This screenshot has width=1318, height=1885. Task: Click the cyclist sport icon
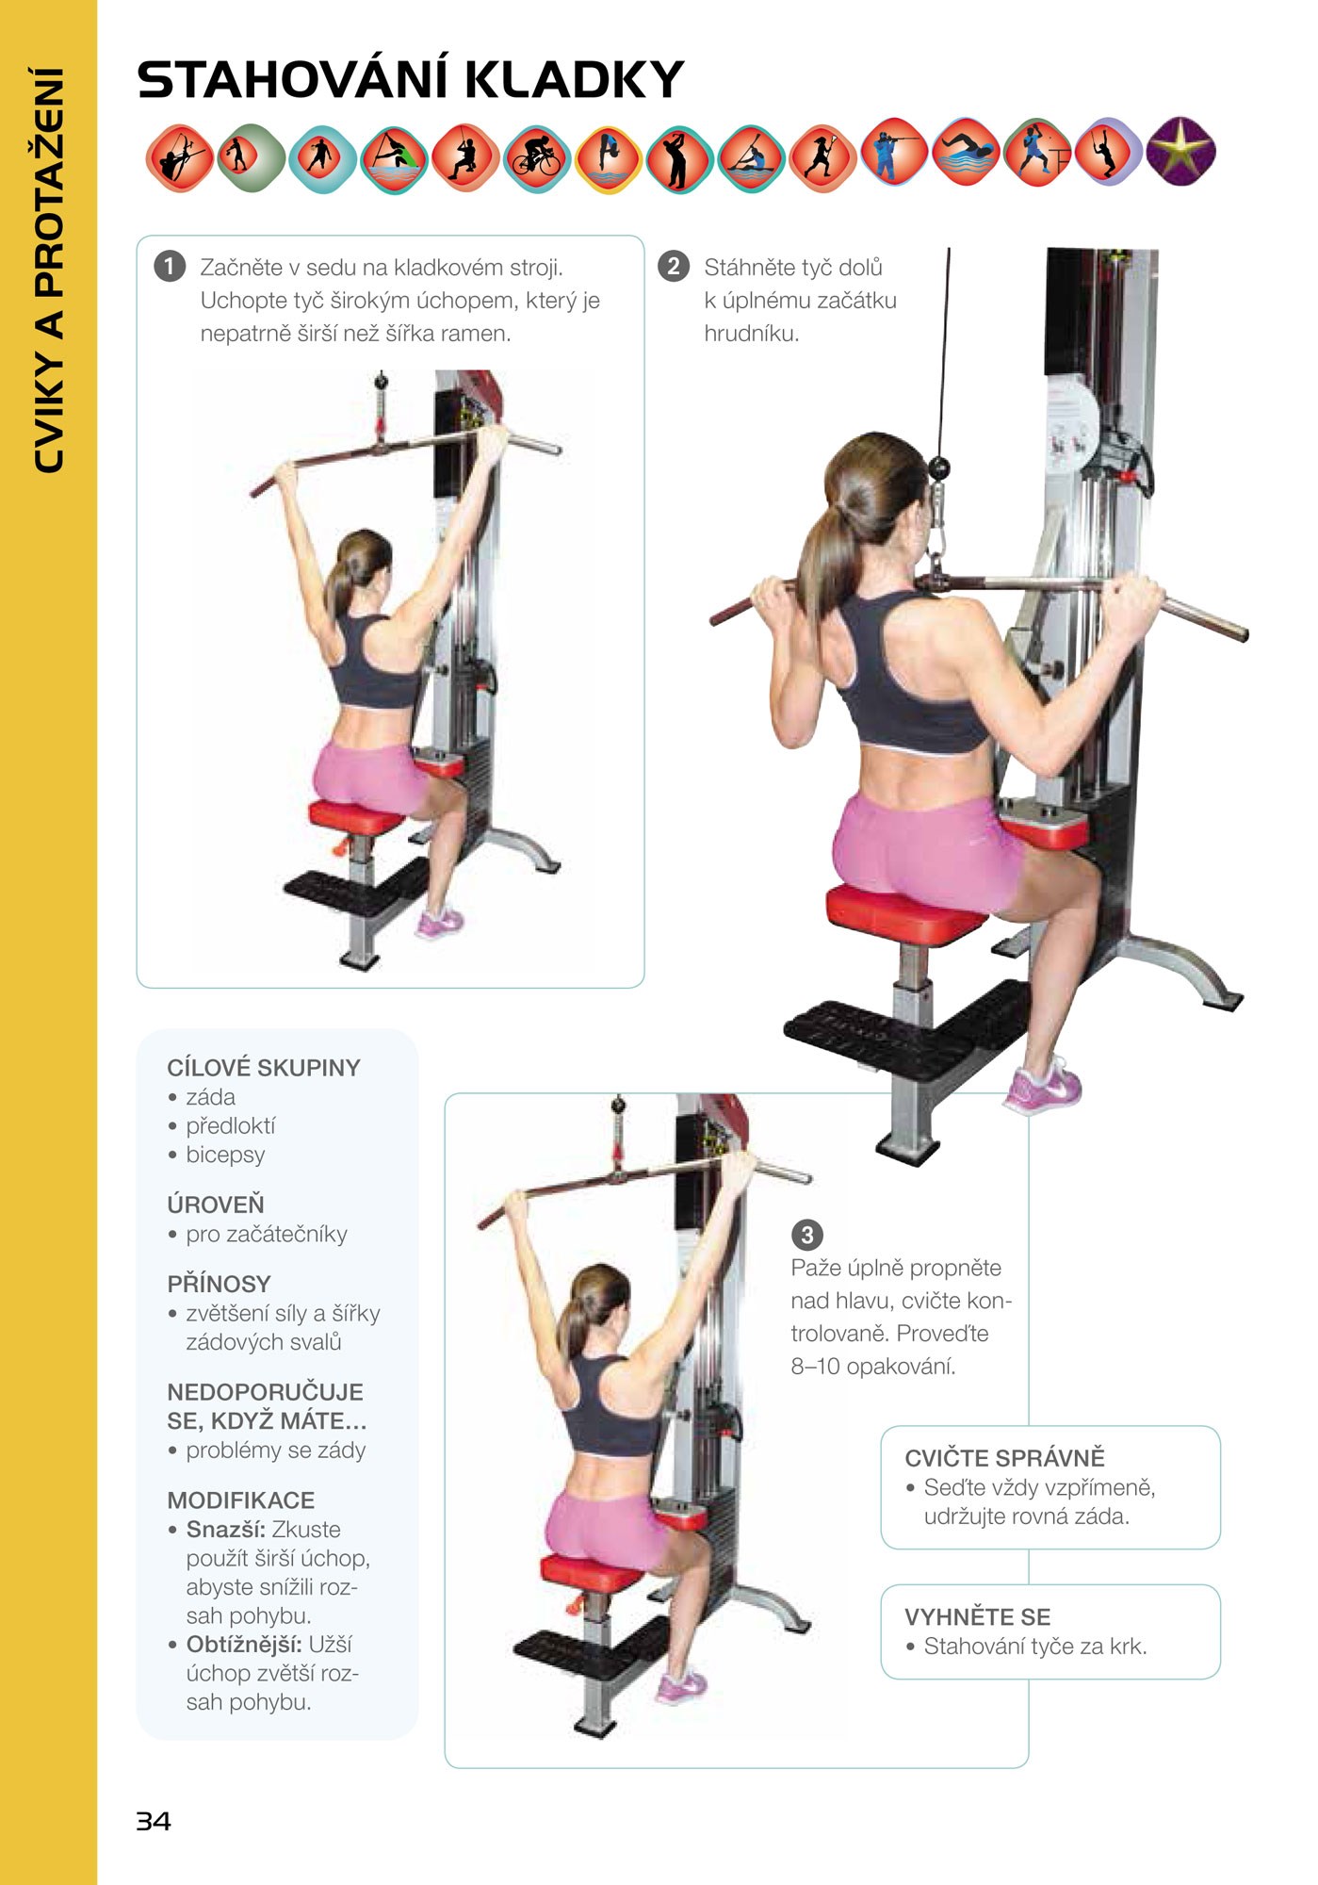click(537, 158)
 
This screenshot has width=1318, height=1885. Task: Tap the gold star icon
click(1181, 151)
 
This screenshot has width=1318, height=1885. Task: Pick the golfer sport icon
click(680, 158)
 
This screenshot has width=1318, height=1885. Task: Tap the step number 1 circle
click(170, 267)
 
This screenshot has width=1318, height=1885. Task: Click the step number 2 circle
click(673, 267)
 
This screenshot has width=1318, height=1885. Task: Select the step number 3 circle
click(806, 1234)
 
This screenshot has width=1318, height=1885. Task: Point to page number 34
click(154, 1821)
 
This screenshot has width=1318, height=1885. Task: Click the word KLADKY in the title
click(575, 79)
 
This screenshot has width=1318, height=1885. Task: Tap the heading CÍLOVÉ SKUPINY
click(264, 1068)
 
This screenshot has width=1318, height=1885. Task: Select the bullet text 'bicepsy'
click(225, 1155)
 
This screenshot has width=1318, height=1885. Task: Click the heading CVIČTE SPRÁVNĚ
click(1004, 1458)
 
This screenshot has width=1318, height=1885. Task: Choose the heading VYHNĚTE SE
click(977, 1617)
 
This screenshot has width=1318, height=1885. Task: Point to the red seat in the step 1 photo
click(356, 815)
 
